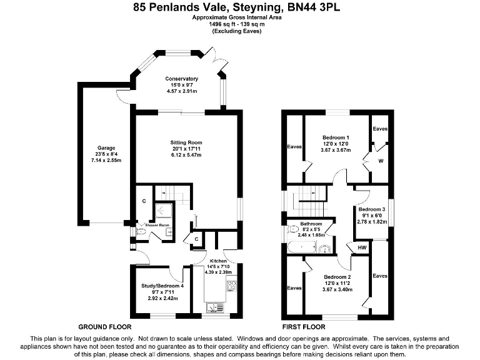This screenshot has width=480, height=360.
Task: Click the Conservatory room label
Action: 181,79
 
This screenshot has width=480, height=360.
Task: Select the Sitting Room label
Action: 186,142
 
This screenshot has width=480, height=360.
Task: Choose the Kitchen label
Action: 218,261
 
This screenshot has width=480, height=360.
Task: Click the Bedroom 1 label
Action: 336,137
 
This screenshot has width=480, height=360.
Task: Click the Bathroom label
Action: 311,224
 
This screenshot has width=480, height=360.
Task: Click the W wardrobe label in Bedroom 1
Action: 381,160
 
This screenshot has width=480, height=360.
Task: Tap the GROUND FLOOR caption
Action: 104,327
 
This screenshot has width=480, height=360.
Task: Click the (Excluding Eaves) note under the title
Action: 237,31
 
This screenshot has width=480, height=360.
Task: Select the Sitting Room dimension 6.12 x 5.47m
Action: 186,154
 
